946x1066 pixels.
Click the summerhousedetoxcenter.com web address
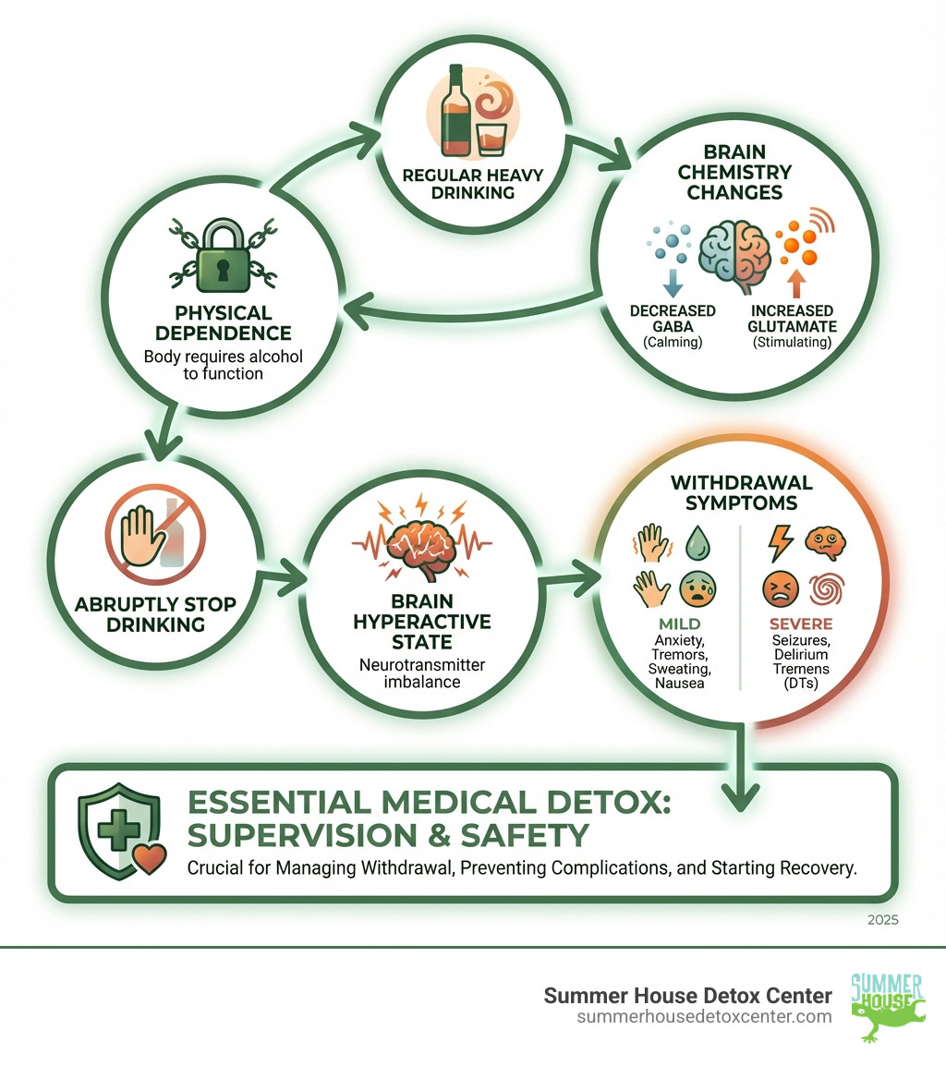tap(704, 1016)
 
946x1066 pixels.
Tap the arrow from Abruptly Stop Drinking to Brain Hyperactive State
tap(286, 580)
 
